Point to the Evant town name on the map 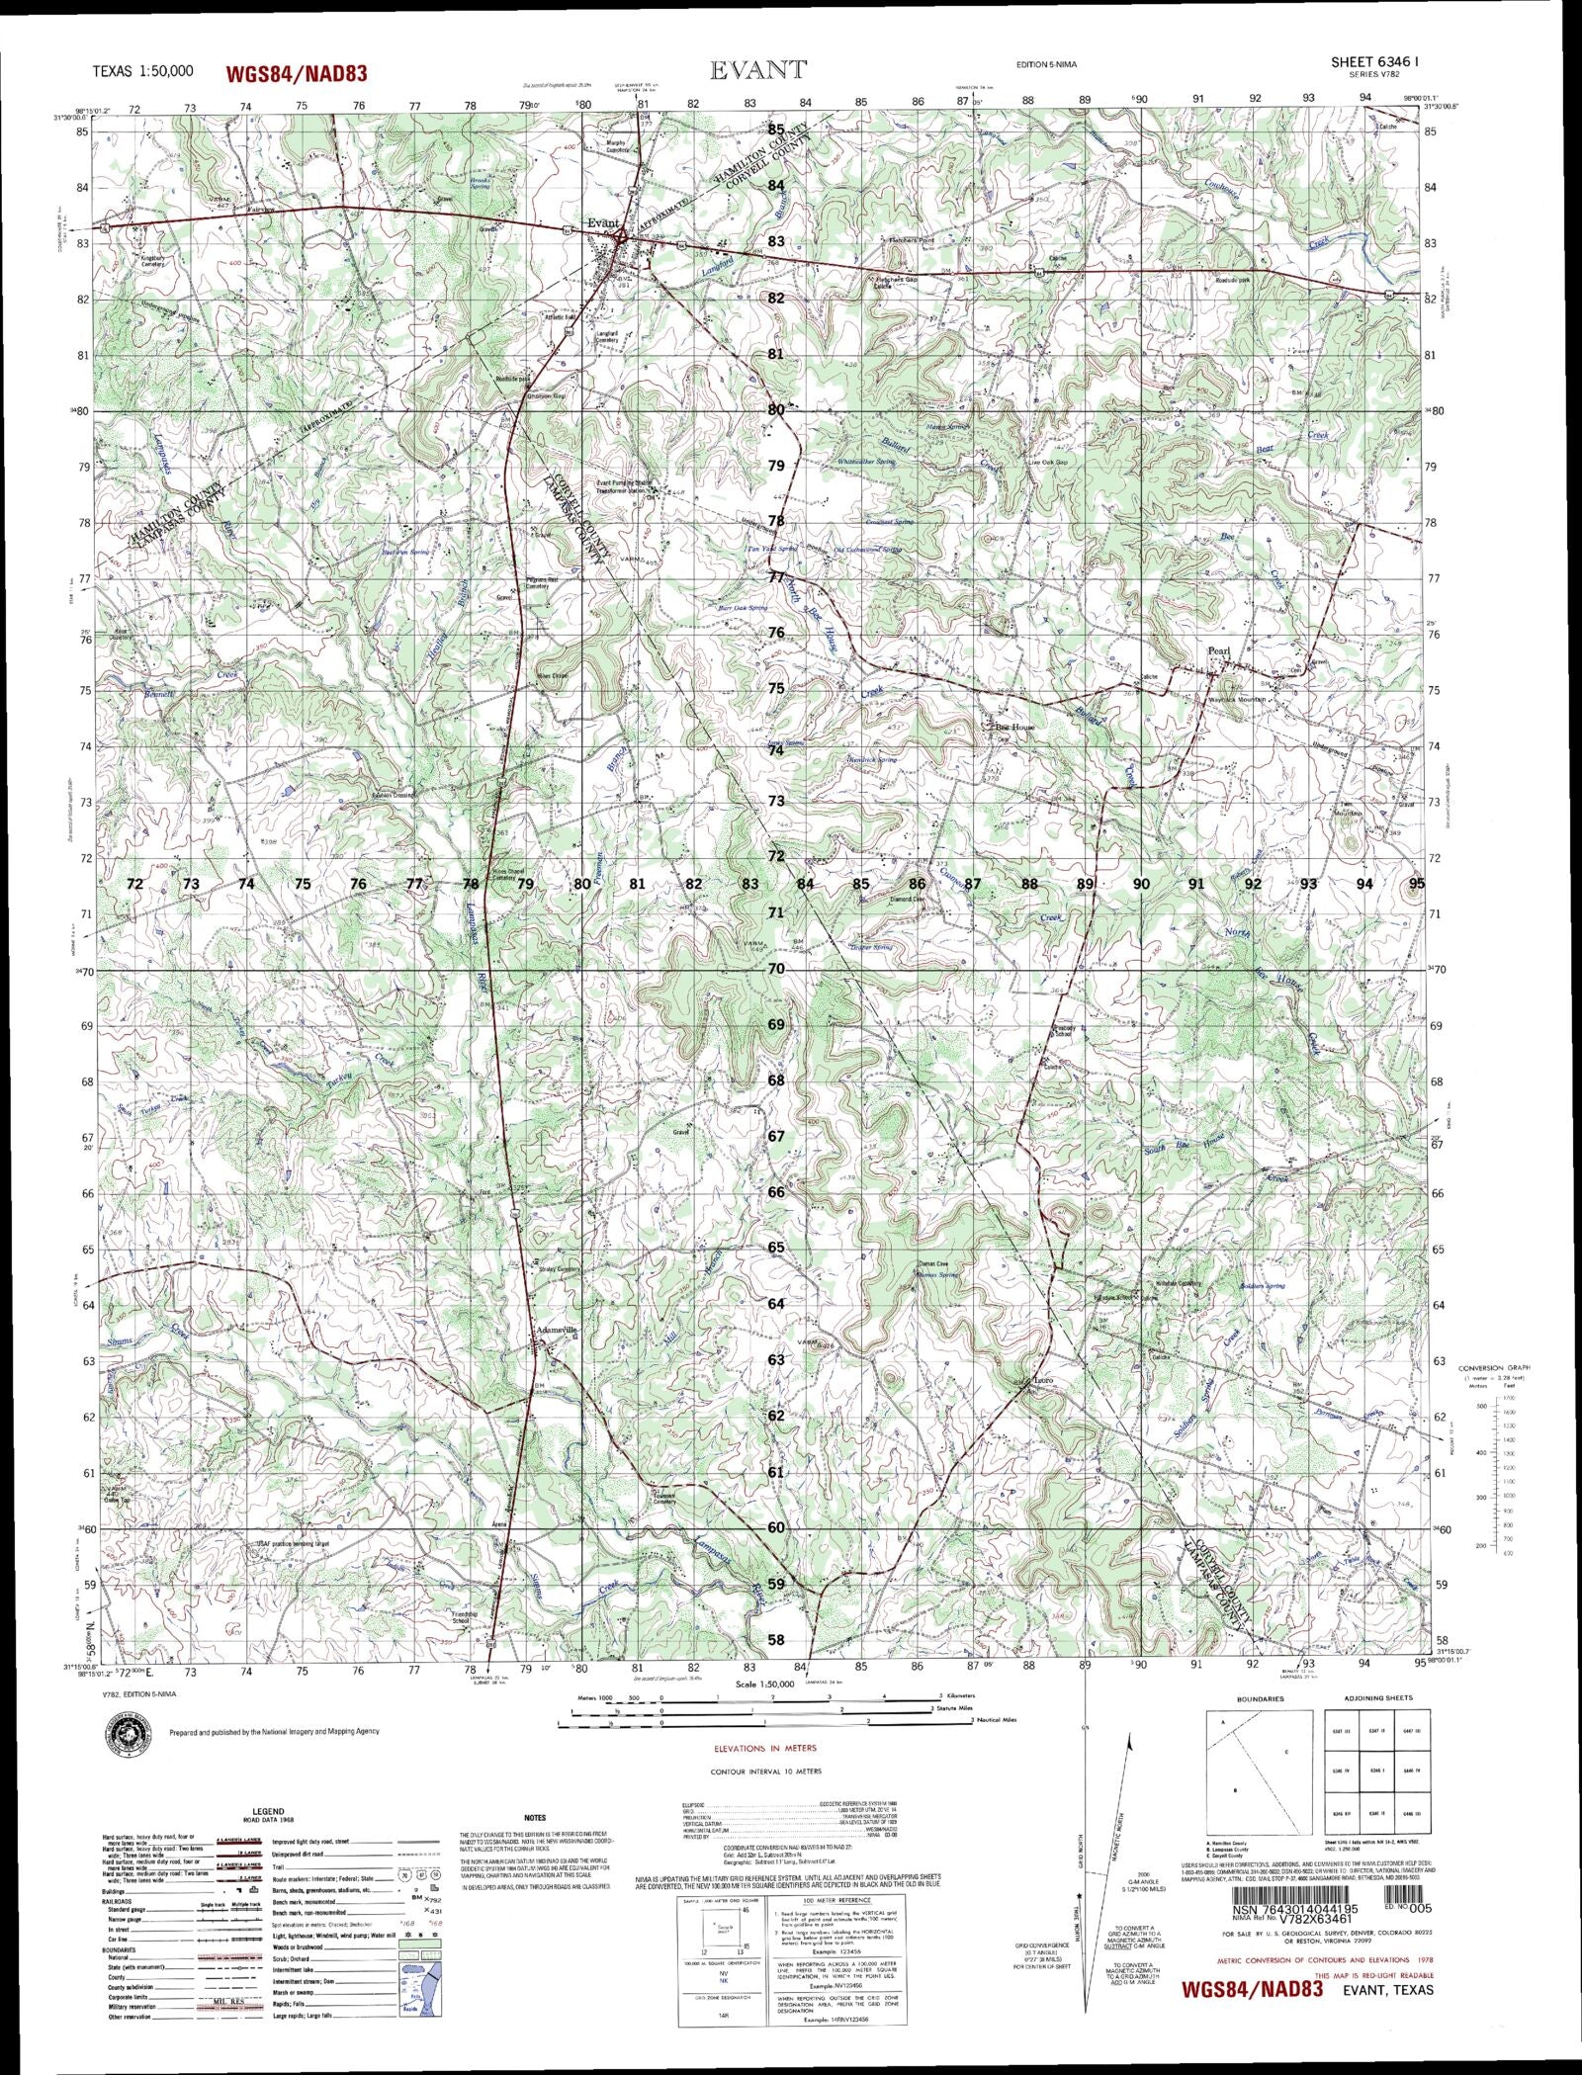click(x=602, y=223)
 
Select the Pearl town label click(x=1217, y=651)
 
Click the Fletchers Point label click(x=909, y=240)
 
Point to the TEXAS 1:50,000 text click(x=142, y=71)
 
